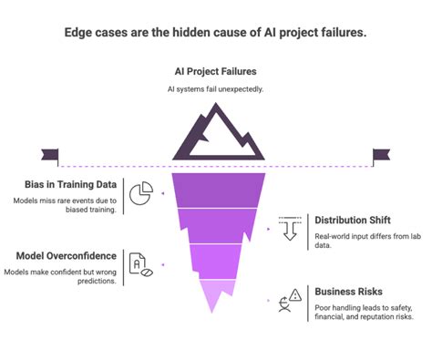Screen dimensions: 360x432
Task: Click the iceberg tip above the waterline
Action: coord(215,131)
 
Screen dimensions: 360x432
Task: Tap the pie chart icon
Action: coord(139,194)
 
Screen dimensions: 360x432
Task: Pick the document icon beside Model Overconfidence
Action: coord(139,264)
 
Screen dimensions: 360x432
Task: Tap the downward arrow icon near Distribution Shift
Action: coord(290,228)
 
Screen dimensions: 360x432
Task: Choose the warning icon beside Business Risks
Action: coord(290,300)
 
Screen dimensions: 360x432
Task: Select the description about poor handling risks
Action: coord(365,313)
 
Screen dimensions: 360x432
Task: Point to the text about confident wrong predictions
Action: coord(62,277)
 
